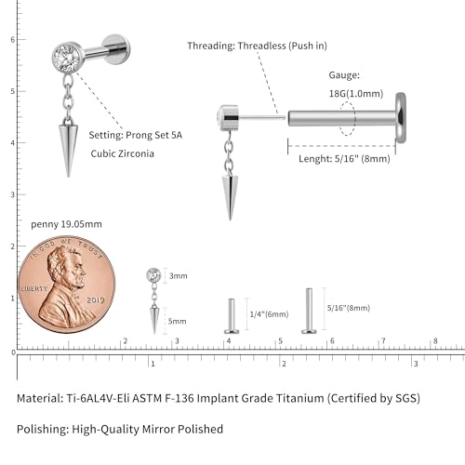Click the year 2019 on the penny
[x=96, y=300]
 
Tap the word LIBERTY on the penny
[x=33, y=288]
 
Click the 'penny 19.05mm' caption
[x=66, y=224]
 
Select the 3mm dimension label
[x=179, y=276]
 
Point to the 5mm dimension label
[x=177, y=321]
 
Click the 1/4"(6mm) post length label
[x=269, y=314]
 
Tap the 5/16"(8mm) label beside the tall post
[x=349, y=308]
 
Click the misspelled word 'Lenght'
[x=315, y=159]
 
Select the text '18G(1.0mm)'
[x=356, y=94]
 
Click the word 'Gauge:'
[x=344, y=75]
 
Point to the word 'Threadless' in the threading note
[x=262, y=46]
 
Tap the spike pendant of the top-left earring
[x=68, y=147]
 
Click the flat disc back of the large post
[x=401, y=118]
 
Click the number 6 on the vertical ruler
[x=13, y=40]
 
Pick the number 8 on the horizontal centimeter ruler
[x=435, y=341]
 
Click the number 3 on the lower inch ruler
[x=416, y=364]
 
